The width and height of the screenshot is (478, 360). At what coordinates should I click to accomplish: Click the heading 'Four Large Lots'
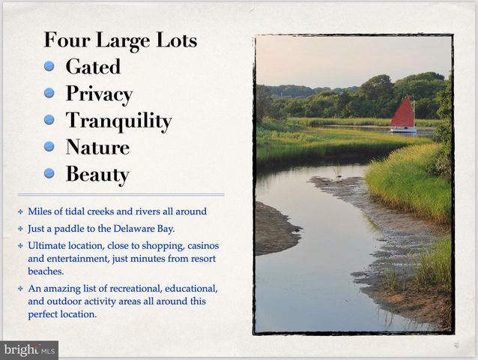tap(120, 40)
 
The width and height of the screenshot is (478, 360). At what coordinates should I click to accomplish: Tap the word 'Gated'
tap(93, 67)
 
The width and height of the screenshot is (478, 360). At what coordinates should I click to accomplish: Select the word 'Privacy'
tap(99, 94)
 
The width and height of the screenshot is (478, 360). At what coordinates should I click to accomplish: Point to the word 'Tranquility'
tap(118, 121)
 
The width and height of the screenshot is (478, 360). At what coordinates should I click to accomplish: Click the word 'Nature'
tap(97, 148)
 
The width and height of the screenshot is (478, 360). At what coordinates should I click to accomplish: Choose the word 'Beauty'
tap(97, 175)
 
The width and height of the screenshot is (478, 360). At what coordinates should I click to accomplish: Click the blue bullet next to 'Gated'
tap(49, 66)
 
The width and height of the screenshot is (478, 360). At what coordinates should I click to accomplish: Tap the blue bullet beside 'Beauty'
tap(49, 174)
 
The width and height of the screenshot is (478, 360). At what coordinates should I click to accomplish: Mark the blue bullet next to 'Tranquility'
tap(49, 120)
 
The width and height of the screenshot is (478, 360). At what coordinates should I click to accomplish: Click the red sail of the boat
tap(403, 113)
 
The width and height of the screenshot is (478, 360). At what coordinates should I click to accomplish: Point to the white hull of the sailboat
tap(403, 129)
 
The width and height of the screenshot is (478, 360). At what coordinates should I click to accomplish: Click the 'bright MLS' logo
tap(29, 349)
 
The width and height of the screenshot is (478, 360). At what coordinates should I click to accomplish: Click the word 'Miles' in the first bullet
tap(40, 211)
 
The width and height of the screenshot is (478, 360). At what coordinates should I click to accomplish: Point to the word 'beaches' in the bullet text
tap(45, 271)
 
